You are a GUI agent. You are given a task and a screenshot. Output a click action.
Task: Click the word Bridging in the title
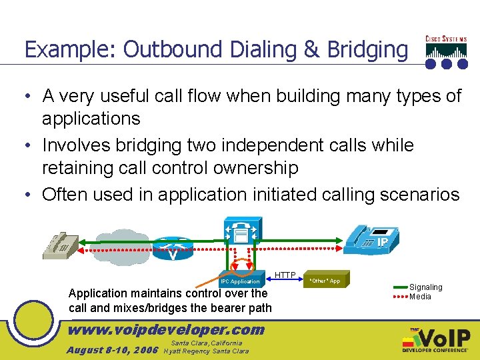coord(367,49)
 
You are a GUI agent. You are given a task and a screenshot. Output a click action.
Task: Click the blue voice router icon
coord(173,249)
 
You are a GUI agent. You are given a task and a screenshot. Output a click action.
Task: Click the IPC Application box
coord(240,279)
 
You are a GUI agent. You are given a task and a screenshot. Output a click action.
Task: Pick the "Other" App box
coord(325,280)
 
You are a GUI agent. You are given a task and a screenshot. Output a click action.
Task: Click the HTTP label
coord(285,275)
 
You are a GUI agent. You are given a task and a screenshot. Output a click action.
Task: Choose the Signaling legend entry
coord(425,287)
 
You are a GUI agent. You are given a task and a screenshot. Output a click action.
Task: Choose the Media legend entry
coord(420,297)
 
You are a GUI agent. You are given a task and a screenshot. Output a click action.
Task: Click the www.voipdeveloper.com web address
coord(167,329)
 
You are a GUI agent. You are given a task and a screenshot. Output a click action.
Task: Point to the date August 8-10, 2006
coord(112,350)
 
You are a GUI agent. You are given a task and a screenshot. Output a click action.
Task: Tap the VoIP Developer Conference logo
coord(436,341)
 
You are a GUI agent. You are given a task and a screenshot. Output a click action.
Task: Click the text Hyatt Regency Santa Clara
coord(206,351)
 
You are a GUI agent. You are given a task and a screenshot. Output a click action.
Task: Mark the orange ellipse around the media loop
coord(241,267)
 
